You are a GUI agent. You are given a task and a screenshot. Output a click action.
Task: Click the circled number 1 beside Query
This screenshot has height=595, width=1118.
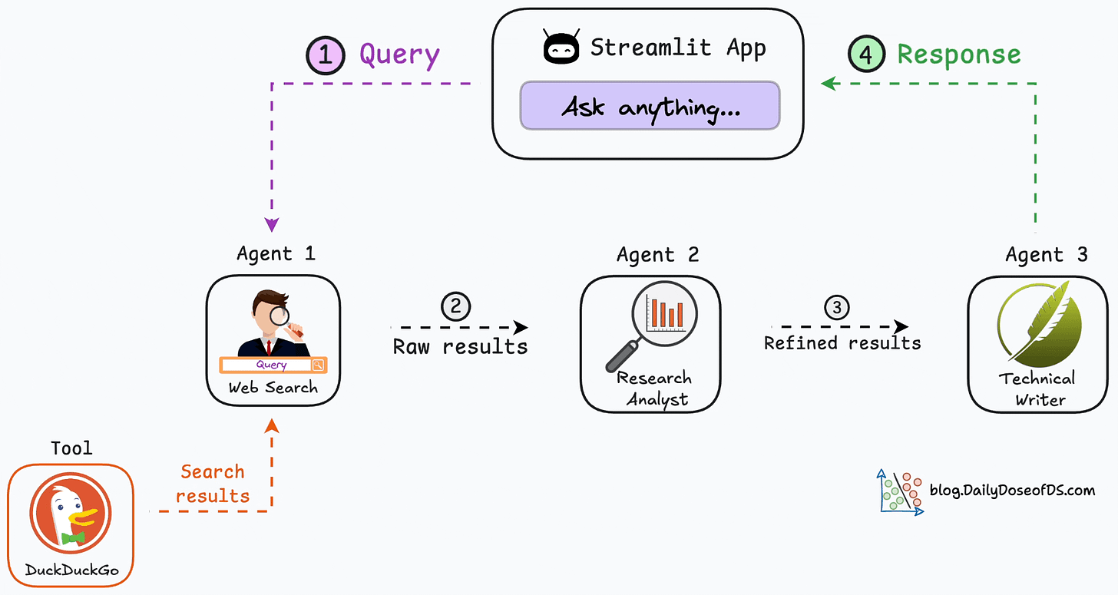click(x=326, y=55)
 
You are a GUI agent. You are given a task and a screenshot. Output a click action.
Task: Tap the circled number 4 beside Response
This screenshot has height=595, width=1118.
click(x=866, y=55)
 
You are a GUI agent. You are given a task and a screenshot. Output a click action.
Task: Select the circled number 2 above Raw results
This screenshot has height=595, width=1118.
click(x=455, y=306)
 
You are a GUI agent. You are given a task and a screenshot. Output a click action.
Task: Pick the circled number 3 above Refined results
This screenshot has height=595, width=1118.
click(x=837, y=307)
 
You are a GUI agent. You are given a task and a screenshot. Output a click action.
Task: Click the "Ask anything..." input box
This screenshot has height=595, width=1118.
click(x=650, y=106)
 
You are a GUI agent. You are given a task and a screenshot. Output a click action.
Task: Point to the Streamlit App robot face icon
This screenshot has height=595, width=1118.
click(x=561, y=48)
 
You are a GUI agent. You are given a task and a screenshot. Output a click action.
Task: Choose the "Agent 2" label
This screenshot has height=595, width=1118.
click(x=658, y=254)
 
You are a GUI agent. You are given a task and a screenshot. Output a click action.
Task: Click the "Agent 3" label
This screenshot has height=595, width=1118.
click(x=1047, y=254)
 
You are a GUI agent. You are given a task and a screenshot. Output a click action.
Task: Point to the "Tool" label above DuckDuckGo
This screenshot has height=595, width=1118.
click(x=71, y=448)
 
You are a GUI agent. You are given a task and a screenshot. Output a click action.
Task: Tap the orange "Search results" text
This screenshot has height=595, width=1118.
click(x=213, y=484)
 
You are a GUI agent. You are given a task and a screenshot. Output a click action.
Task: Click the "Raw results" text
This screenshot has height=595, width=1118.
click(x=460, y=346)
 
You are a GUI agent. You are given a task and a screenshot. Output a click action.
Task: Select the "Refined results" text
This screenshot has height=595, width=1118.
click(x=842, y=342)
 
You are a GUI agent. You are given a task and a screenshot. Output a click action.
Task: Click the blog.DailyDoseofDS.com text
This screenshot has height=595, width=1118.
click(x=1012, y=490)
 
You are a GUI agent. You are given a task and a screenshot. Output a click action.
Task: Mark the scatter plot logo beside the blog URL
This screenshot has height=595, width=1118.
click(x=899, y=492)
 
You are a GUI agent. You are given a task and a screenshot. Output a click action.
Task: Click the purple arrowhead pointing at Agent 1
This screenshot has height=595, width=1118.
click(x=272, y=224)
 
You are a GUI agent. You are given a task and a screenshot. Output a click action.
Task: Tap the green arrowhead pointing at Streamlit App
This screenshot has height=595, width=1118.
click(x=828, y=83)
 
